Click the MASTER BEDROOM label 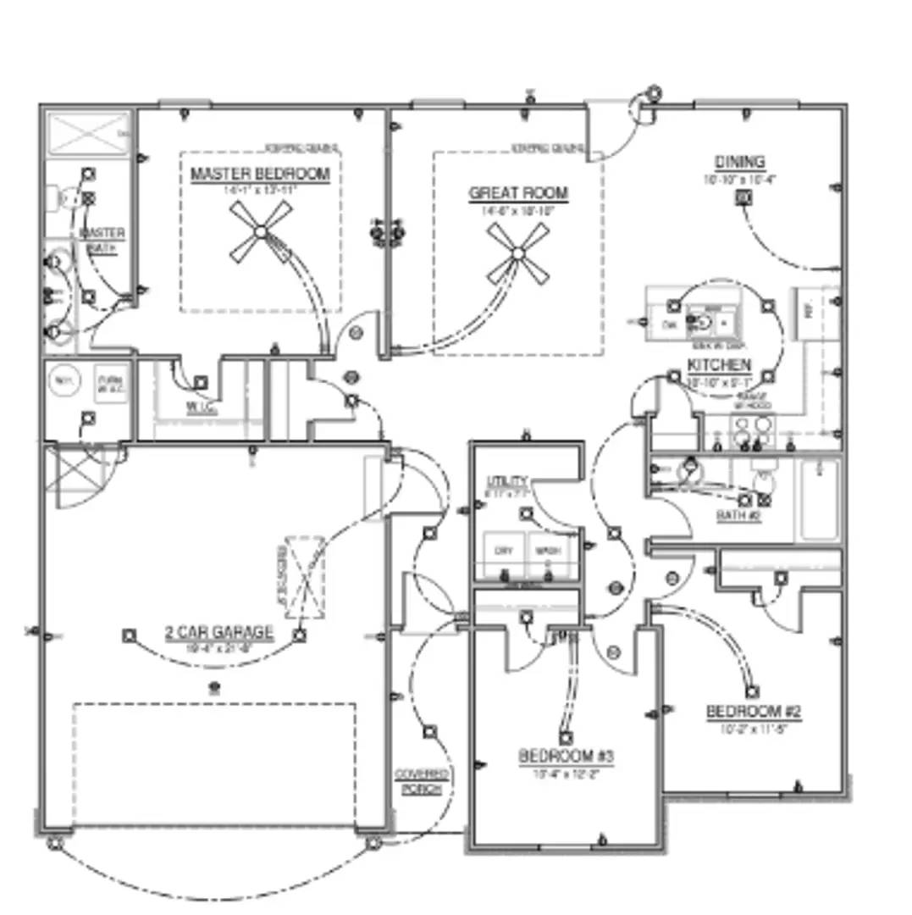pos(260,175)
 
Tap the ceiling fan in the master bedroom pos(261,231)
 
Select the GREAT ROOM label pos(518,193)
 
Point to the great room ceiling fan pos(518,252)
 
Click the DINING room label pos(739,162)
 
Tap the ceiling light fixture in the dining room pos(743,198)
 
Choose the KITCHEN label pos(718,365)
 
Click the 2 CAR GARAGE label pos(219,632)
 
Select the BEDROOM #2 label pos(754,712)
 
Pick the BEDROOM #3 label pos(566,756)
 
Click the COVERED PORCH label pos(421,782)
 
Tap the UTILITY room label pos(506,480)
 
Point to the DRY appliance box pos(503,552)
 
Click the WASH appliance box pos(546,552)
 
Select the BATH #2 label pos(738,515)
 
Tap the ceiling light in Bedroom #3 pos(566,738)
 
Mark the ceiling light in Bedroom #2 pos(752,692)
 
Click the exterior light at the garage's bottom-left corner pos(55,843)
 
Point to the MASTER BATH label pos(103,239)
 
